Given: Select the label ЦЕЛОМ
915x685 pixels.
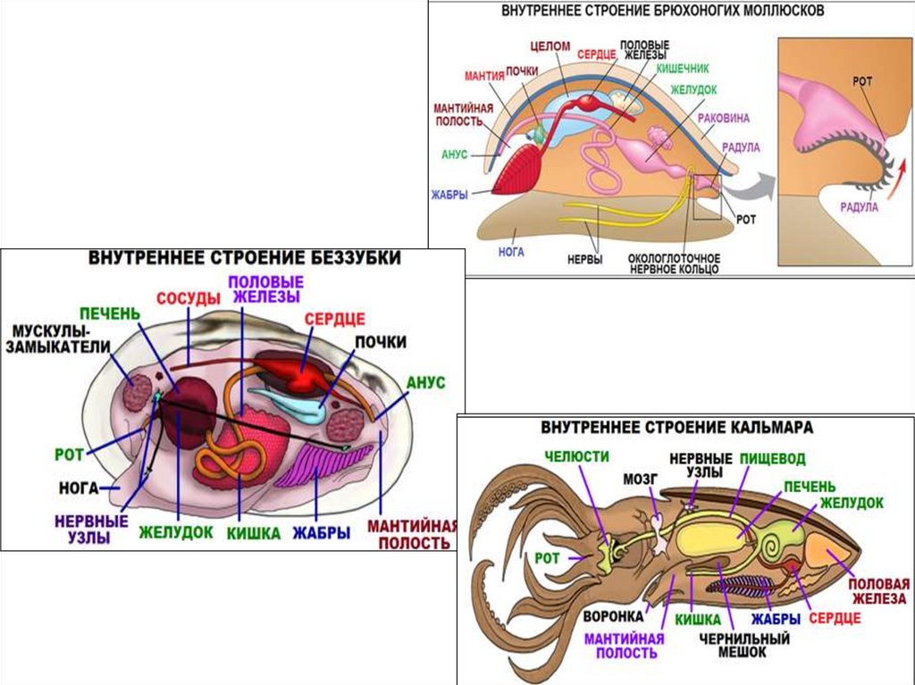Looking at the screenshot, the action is pyautogui.click(x=550, y=46).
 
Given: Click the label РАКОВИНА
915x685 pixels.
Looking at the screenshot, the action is pyautogui.click(x=724, y=118).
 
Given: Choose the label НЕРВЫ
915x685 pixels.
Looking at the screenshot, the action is pyautogui.click(x=584, y=260).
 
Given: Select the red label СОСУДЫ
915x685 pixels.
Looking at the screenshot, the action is pyautogui.click(x=189, y=299).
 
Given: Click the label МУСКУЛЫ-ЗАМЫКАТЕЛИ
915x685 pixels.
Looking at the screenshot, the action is pyautogui.click(x=58, y=338).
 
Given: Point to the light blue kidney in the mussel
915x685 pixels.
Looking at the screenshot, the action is pyautogui.click(x=287, y=404).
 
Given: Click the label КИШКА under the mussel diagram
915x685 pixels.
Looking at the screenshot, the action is pyautogui.click(x=253, y=533).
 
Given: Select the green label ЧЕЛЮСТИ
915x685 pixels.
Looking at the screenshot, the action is pyautogui.click(x=576, y=456).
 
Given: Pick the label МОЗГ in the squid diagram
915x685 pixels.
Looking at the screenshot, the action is pyautogui.click(x=640, y=479).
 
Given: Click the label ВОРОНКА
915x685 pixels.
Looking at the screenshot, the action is pyautogui.click(x=613, y=616).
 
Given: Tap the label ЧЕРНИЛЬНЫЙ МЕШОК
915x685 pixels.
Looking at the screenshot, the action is pyautogui.click(x=744, y=645).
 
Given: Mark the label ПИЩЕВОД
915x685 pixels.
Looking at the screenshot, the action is pyautogui.click(x=773, y=459).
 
